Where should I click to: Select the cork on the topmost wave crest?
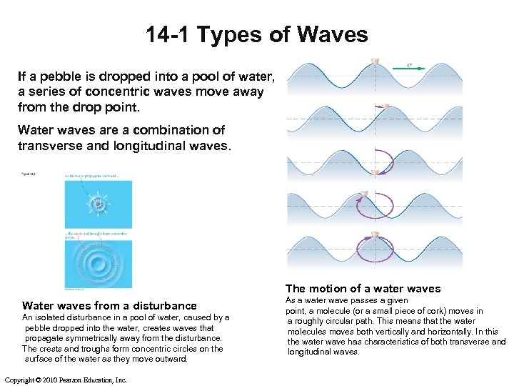375,59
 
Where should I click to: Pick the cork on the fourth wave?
365,194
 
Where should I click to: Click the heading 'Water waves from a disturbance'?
109,305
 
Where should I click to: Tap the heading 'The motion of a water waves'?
363,289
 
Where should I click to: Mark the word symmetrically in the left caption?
81,338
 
